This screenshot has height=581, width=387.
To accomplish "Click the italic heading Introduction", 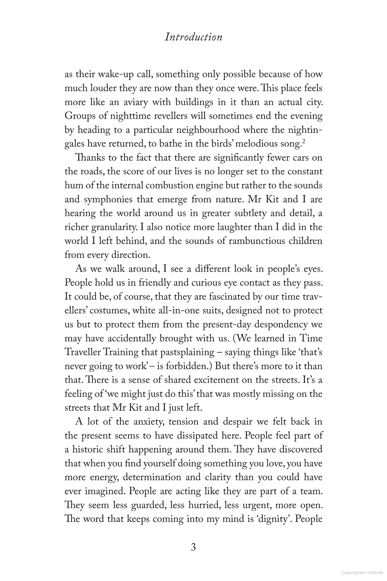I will coord(193,37).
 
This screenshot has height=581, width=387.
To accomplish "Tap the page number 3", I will coord(193,547).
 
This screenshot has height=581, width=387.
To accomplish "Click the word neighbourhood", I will coord(205,130).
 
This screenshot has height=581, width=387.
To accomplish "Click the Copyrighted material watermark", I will coord(363,572).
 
